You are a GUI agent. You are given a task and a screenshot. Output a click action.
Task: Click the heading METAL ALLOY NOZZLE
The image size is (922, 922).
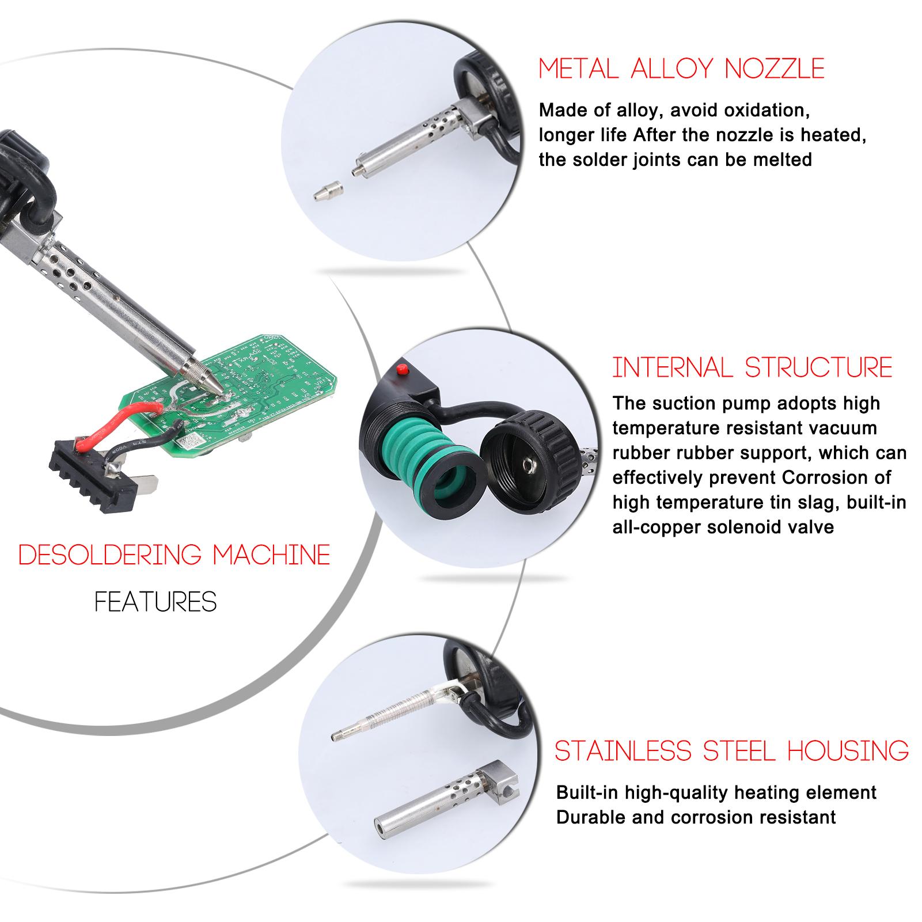pyautogui.click(x=681, y=69)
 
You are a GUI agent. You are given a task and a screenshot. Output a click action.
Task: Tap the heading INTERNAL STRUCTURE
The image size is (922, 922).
pyautogui.click(x=752, y=367)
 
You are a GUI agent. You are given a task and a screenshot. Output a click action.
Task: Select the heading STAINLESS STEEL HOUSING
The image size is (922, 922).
pyautogui.click(x=731, y=751)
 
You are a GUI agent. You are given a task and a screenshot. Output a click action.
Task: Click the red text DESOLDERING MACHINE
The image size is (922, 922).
pyautogui.click(x=174, y=555)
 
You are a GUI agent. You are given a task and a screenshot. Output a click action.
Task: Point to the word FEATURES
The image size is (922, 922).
pyautogui.click(x=155, y=602)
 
